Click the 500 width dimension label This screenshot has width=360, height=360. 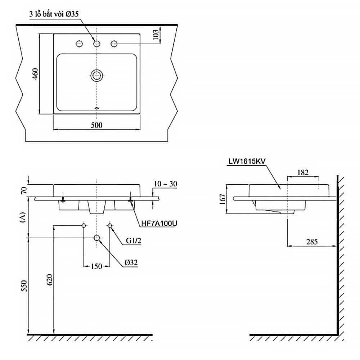coord(96,125)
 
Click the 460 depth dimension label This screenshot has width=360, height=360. coord(36,74)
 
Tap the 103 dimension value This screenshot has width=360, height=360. coord(156,35)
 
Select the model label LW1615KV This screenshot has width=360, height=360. coord(247,161)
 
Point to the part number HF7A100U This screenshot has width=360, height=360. coord(159,224)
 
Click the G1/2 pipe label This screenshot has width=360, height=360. coord(134,240)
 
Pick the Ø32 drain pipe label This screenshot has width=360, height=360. coord(131,263)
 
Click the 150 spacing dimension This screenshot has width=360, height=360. coord(96,266)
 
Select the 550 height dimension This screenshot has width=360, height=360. coord(24,286)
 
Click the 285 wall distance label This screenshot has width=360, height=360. coord(312,242)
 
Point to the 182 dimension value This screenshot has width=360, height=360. coord(303,172)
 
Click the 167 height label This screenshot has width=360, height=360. coord(222,199)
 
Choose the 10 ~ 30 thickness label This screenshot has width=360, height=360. coord(166,184)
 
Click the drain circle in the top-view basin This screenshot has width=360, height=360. coord(96,76)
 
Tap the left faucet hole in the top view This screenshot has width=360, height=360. coord(80,44)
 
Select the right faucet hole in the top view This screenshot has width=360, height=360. coord(114,44)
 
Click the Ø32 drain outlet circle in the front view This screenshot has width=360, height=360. coord(97,238)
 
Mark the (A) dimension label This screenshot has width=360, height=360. coord(23,217)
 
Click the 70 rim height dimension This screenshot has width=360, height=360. coord(24,190)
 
